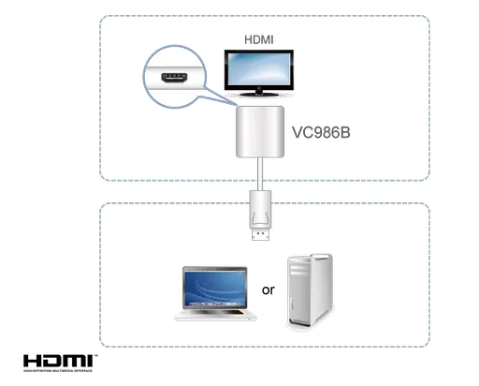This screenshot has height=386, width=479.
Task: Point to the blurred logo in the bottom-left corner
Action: click(59, 360)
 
